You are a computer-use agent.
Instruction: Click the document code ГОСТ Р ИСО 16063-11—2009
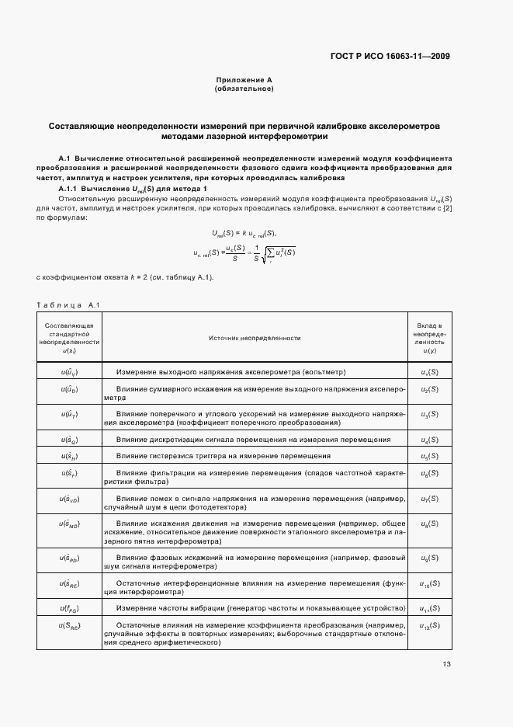390,56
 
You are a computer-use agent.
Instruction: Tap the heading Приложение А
244,80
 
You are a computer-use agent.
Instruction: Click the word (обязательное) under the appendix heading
244,89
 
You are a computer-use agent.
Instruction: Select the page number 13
446,664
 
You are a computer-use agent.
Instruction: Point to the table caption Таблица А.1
64,304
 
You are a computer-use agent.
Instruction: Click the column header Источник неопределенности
255,338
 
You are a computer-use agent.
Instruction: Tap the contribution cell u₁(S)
429,372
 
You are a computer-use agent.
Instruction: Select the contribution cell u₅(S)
429,456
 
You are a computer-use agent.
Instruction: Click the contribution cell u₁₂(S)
429,626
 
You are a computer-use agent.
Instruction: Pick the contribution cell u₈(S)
429,526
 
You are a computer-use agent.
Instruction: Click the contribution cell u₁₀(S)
429,583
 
